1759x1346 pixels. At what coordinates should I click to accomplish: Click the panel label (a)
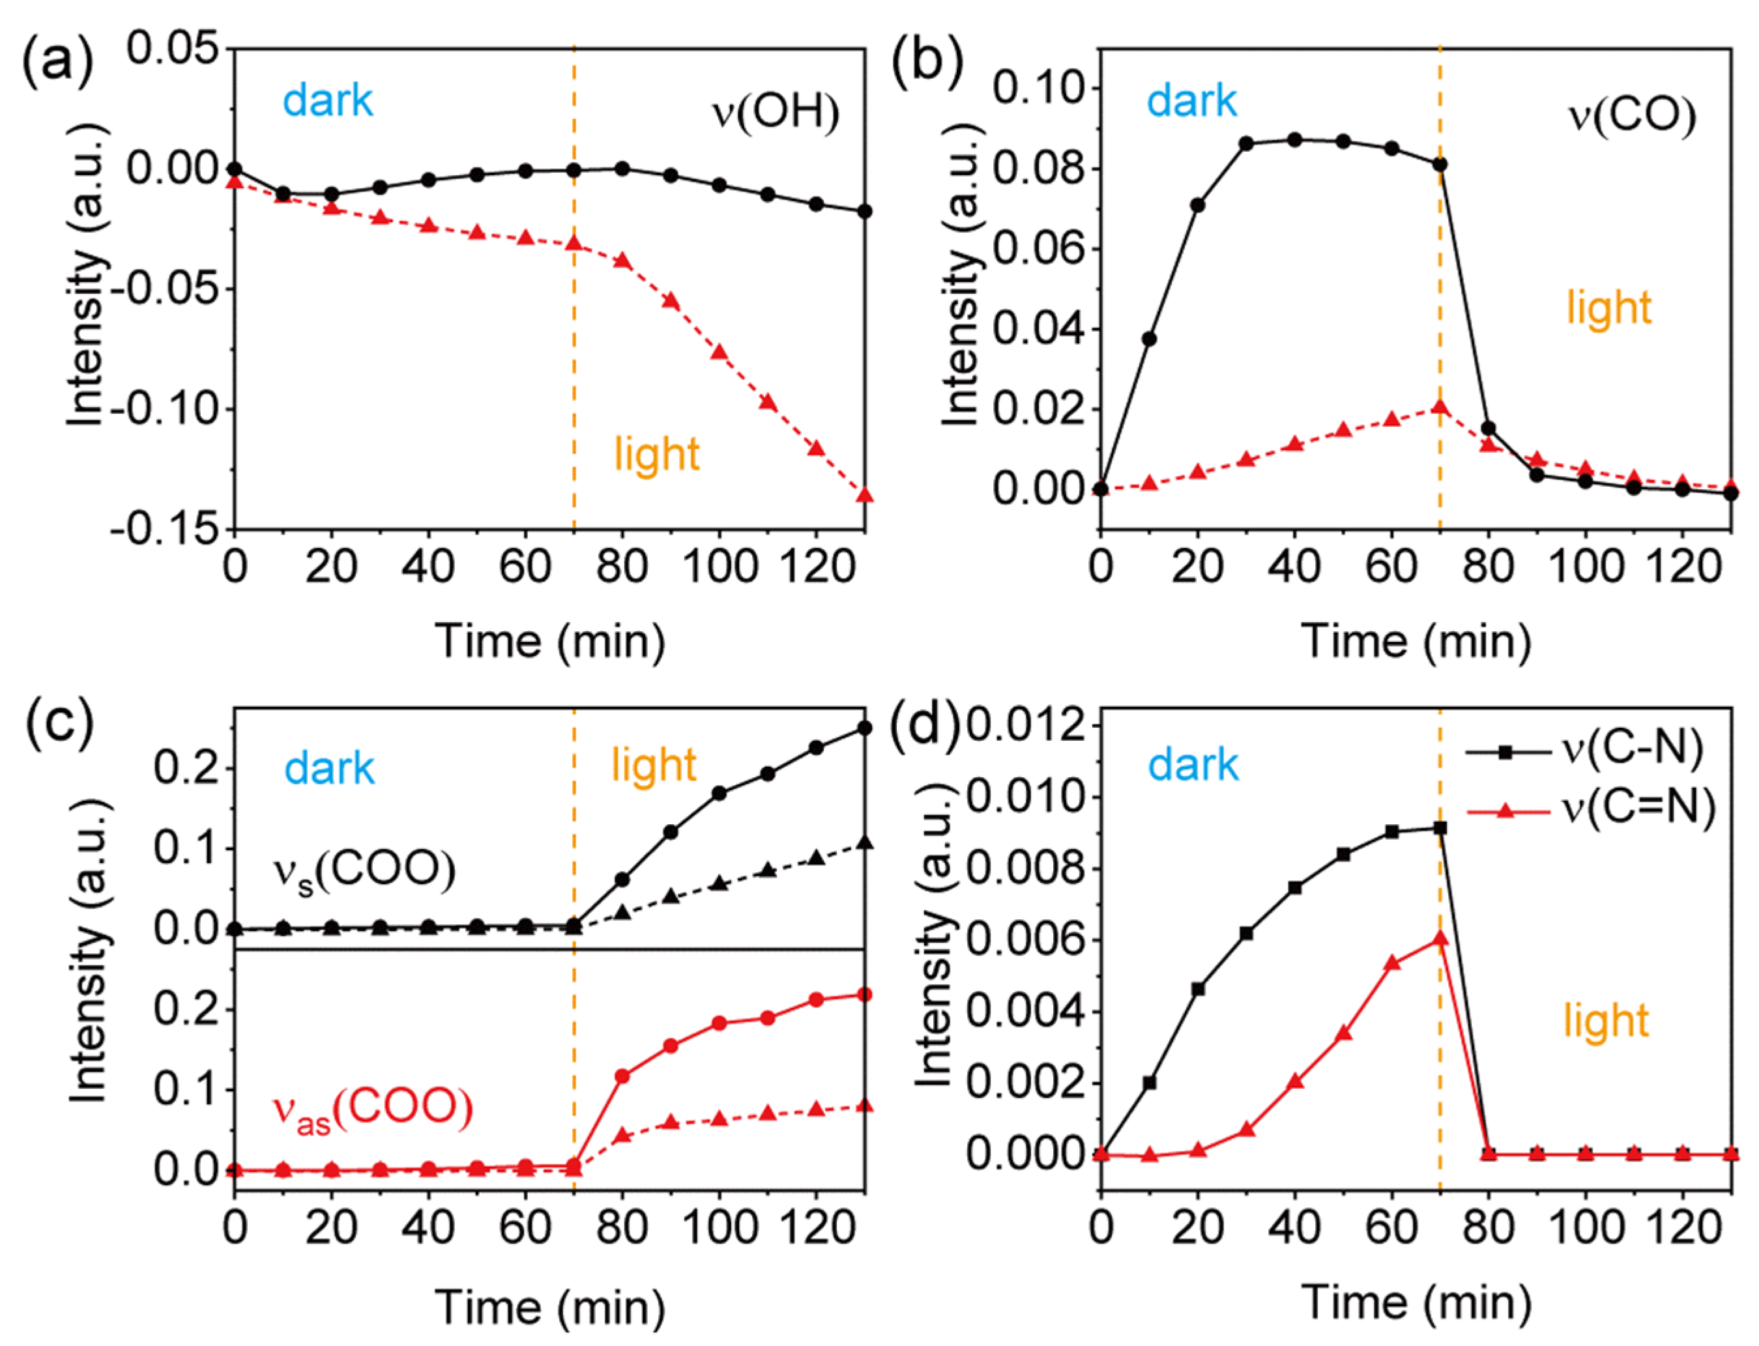58,60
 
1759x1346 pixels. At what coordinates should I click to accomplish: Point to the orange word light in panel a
656,453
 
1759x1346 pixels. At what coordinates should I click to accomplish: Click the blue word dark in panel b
1191,101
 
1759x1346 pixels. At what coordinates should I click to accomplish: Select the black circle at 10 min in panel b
1149,339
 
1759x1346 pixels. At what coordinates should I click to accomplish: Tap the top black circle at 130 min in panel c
865,728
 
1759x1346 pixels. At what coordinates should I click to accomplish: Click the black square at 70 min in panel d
1440,827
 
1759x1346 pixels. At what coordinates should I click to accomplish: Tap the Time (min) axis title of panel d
1415,1301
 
